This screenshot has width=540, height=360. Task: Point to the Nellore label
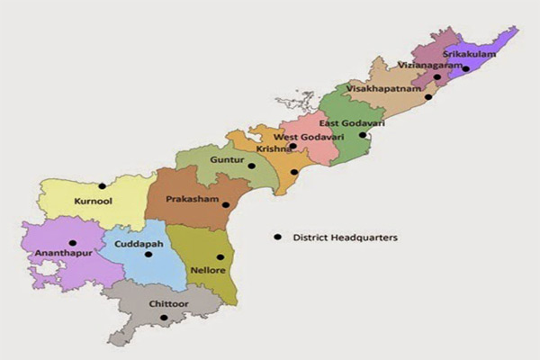[204, 269]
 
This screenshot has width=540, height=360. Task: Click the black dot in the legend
[278, 238]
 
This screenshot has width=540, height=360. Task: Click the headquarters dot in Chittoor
[163, 317]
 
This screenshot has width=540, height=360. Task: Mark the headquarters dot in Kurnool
[102, 185]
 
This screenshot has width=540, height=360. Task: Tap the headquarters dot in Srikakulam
[465, 68]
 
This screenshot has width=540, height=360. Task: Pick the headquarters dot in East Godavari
[363, 135]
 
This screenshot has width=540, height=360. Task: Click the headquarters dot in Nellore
[220, 257]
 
